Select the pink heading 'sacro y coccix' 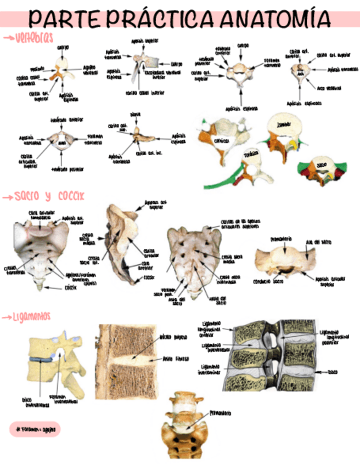[49, 196]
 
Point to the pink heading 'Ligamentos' [32, 316]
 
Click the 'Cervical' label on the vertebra [222, 140]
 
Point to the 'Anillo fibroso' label [176, 359]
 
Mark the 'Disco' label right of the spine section [334, 372]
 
